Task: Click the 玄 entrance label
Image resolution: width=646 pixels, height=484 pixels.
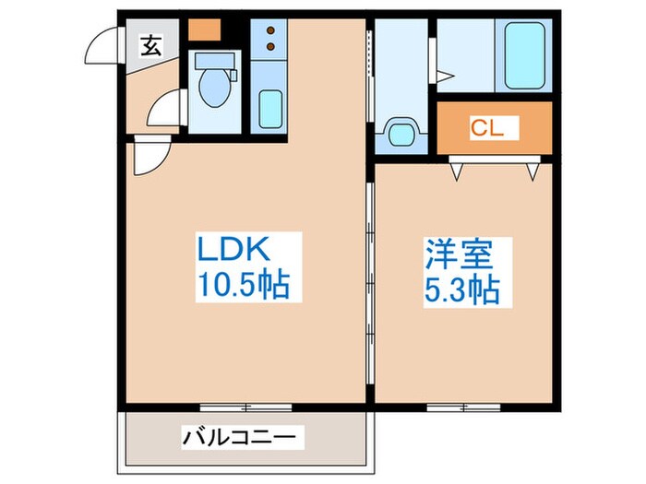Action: tap(150, 44)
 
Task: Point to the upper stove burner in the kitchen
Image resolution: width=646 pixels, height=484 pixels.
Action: tap(270, 30)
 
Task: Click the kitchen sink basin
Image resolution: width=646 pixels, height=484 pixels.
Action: tap(270, 109)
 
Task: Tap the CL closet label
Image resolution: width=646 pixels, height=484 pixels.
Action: tap(487, 129)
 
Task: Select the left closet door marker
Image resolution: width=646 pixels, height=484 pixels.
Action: tap(456, 170)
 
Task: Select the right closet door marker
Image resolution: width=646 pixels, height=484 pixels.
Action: tap(532, 170)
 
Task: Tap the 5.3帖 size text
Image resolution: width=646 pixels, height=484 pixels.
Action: tap(461, 290)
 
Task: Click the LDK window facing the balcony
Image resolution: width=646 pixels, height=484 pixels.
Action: tap(245, 407)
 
